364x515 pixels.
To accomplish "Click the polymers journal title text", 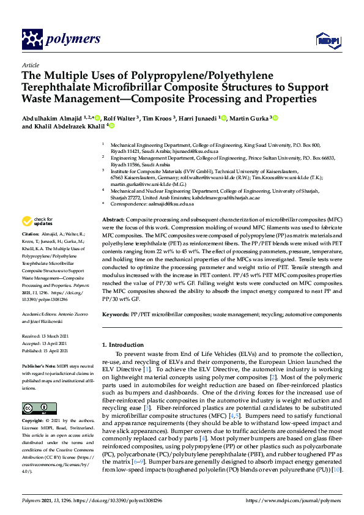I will click(x=72, y=40).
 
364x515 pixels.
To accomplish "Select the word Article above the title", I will click(x=30, y=64).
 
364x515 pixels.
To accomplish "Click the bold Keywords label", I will click(x=116, y=314).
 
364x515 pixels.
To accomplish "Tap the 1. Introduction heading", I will click(x=126, y=344).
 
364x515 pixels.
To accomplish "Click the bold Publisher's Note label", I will click(x=40, y=366).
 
